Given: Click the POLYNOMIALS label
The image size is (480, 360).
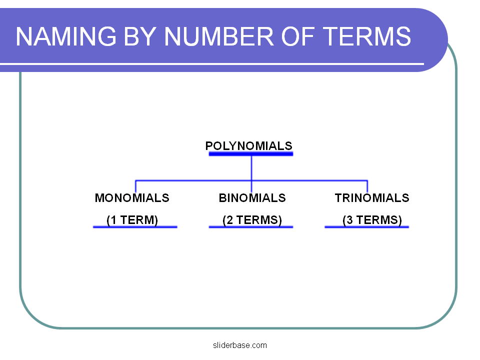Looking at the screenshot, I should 249,146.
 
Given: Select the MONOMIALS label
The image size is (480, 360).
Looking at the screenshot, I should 132,198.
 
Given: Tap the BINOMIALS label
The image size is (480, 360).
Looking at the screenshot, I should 252,198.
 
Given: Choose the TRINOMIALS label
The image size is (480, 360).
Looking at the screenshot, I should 372,198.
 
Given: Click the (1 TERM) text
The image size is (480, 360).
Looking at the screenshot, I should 132,220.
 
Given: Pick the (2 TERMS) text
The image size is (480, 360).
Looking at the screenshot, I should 252,220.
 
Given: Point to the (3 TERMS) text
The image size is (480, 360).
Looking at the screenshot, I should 372,220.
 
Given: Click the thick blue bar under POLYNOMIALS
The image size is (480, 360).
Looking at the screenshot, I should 250,154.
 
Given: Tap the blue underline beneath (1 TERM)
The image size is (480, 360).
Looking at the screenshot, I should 135,227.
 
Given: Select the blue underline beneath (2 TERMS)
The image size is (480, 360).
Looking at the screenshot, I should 250,227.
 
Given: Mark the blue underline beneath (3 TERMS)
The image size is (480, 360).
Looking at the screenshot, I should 366,227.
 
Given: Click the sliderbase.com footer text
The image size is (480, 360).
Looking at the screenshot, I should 240,345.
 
